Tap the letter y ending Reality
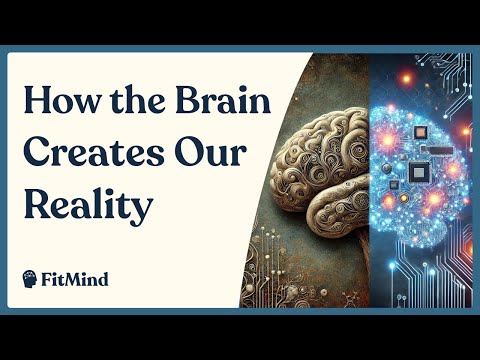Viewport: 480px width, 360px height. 140,210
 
